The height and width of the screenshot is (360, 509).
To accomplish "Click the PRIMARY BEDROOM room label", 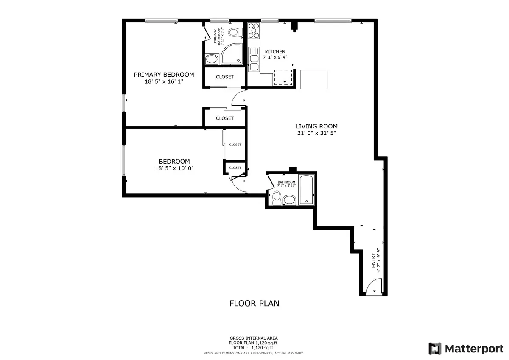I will (164, 75).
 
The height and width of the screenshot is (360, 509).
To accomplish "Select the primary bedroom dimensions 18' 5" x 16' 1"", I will (164, 81).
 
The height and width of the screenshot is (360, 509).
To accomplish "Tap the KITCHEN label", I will (275, 52).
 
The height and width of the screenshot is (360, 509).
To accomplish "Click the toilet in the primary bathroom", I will (235, 32).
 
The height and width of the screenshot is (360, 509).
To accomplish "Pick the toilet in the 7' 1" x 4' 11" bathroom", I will (277, 198).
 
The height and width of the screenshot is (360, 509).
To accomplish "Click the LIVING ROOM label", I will (316, 126).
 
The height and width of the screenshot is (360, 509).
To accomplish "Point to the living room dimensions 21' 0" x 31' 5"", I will (316, 133).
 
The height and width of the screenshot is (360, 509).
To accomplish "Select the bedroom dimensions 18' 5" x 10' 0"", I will (174, 168).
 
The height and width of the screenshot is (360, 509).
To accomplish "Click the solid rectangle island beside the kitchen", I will (313, 79).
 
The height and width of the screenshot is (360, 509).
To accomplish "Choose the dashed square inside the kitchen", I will (283, 77).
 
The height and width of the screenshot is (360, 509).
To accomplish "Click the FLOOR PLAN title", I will (254, 304).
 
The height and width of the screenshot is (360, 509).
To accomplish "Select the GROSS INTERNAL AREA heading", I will (254, 338).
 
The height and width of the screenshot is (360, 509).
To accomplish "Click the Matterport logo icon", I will (435, 349).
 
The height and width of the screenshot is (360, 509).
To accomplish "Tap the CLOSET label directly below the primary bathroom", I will (225, 77).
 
